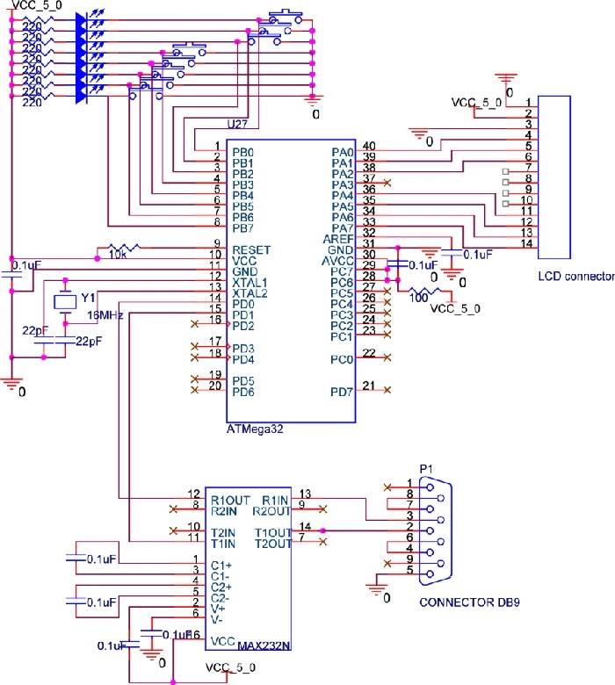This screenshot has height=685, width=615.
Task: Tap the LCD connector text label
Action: click(x=576, y=277)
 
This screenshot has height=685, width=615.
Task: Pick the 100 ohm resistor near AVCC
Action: click(x=424, y=293)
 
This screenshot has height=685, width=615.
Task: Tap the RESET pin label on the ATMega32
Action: click(x=252, y=250)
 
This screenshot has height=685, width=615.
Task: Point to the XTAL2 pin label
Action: click(x=250, y=293)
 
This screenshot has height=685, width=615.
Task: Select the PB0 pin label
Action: click(x=243, y=152)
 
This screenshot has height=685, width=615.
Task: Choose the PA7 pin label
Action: click(x=342, y=228)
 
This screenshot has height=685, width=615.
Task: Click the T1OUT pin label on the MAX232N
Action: click(x=272, y=532)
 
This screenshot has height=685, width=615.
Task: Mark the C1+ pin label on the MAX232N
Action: click(x=220, y=566)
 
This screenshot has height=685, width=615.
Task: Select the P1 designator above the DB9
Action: click(x=427, y=469)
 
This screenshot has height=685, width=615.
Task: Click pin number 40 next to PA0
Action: click(x=368, y=146)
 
